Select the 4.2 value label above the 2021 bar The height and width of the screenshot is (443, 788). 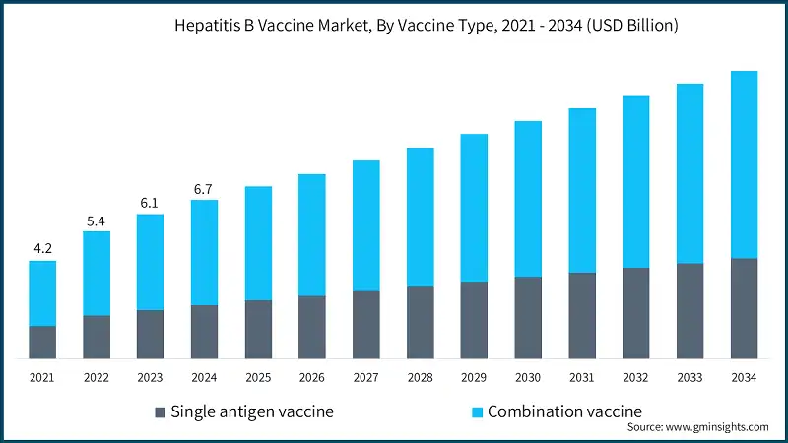click(42, 249)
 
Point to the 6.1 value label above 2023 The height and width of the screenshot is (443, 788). click(151, 202)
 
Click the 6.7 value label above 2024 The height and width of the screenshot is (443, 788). click(205, 188)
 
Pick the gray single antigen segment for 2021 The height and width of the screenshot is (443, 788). click(42, 342)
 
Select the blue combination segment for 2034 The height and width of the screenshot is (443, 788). click(744, 164)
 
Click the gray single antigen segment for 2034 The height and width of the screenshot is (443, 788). click(744, 308)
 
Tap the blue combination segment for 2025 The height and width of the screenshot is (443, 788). click(259, 243)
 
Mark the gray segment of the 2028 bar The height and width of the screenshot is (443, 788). click(421, 322)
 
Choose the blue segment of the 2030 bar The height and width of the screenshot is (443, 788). click(528, 199)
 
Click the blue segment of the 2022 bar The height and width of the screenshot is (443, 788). click(97, 274)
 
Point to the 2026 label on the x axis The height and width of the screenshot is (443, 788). click(312, 377)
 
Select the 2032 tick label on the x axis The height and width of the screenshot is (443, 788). click(635, 377)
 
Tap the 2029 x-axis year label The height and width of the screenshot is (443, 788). click(474, 377)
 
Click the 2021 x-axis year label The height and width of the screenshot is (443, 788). click(42, 377)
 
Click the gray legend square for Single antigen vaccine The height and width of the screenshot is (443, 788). click(161, 411)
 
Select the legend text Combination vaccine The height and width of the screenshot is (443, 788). click(564, 411)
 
